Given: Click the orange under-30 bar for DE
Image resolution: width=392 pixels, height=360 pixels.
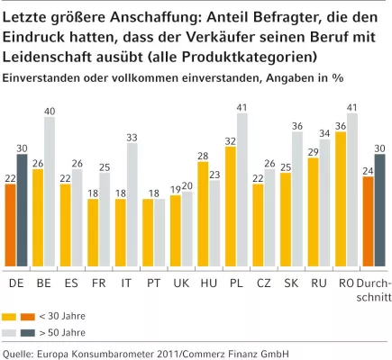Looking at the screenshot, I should (x=10, y=225).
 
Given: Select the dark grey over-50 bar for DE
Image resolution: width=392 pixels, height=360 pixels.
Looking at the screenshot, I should (x=22, y=211).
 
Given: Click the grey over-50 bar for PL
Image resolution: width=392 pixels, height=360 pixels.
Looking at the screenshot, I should (x=242, y=190).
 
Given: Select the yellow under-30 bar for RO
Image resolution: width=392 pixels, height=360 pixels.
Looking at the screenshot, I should (x=341, y=199).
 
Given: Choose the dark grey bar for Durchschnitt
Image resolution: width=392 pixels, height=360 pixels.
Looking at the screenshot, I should (x=379, y=211).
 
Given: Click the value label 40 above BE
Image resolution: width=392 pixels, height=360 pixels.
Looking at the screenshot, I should (x=50, y=111).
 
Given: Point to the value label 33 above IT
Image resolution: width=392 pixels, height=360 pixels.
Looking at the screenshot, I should (x=132, y=137).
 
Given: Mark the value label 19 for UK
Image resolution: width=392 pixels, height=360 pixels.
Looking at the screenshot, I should (x=175, y=187).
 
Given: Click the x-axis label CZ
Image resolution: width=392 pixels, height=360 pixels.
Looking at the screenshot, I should (x=263, y=282).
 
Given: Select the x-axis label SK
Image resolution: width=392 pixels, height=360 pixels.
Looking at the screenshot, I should (x=291, y=282).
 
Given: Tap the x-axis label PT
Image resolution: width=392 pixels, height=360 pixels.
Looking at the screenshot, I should (x=153, y=282).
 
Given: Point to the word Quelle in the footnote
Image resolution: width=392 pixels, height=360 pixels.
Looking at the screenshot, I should (x=20, y=353).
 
